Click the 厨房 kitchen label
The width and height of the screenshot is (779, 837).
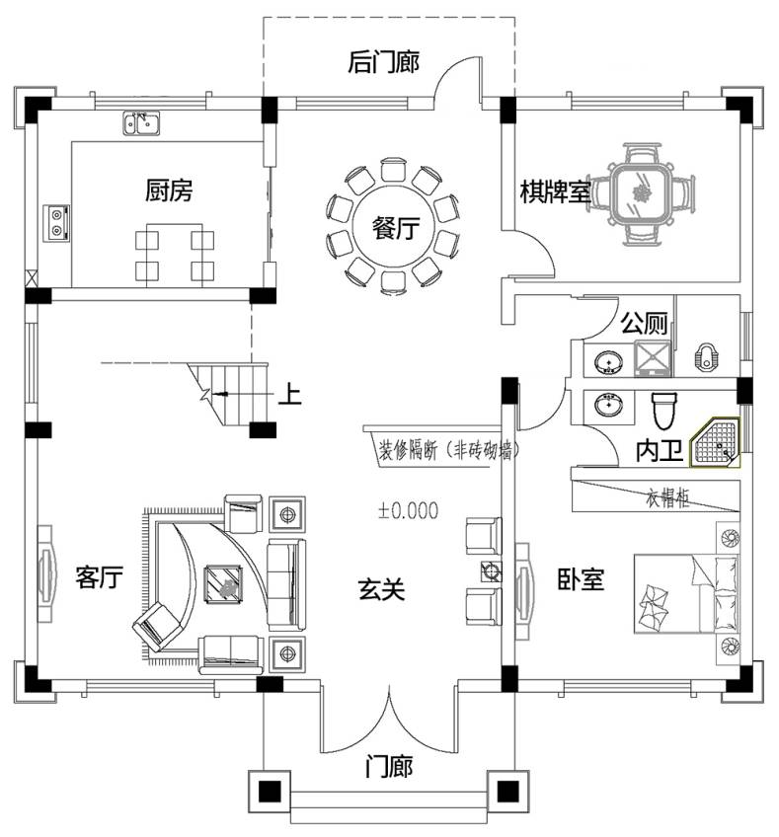(168, 190)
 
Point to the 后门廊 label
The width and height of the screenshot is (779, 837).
(384, 62)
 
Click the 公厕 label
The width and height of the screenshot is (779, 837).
(643, 323)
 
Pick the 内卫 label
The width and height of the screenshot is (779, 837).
(659, 451)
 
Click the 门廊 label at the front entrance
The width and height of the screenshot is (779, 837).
(388, 766)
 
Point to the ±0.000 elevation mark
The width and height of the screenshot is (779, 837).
(408, 511)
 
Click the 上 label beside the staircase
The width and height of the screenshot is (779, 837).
(288, 394)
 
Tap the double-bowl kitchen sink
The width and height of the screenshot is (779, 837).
(142, 123)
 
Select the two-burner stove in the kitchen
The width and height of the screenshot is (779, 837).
(56, 222)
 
